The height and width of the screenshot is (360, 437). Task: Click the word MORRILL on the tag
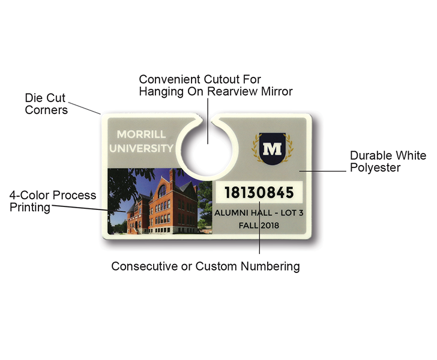(x=141, y=134)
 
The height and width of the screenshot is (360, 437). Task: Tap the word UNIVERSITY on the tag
(x=141, y=148)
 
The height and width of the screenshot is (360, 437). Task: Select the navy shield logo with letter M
(x=273, y=149)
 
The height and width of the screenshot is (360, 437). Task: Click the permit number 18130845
(x=259, y=193)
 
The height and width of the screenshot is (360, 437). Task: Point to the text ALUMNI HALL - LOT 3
(x=259, y=213)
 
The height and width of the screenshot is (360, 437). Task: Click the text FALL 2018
(x=259, y=225)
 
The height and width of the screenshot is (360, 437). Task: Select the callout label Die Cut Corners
(x=46, y=104)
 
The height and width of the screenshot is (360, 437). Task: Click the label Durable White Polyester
(x=388, y=161)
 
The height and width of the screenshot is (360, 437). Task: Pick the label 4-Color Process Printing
(x=53, y=201)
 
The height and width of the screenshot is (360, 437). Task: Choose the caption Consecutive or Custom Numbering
(x=205, y=266)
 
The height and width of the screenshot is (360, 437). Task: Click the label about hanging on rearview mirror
(x=215, y=85)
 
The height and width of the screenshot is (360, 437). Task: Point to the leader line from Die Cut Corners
(x=85, y=108)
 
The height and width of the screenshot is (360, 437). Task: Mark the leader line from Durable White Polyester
(x=323, y=171)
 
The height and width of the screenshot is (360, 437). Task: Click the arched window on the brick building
(x=162, y=191)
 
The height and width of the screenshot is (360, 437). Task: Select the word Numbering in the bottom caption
(x=270, y=266)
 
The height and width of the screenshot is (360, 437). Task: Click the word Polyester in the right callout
(x=375, y=167)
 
